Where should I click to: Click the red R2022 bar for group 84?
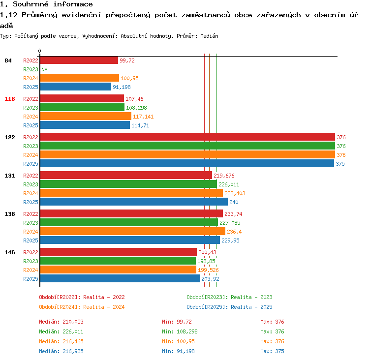click(79, 60)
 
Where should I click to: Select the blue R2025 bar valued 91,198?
click(76, 87)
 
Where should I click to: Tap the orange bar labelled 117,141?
click(86, 116)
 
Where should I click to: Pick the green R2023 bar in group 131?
click(128, 184)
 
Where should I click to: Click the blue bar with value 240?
click(134, 202)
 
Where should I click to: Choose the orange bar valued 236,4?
click(133, 231)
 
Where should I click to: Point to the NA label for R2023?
click(44, 69)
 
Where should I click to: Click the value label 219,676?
click(224, 176)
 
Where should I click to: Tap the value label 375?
click(340, 164)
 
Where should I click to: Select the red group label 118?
click(10, 99)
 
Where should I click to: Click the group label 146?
click(10, 252)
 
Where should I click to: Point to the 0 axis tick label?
click(39, 51)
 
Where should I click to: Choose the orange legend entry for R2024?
click(82, 307)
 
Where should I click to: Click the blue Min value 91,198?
click(185, 351)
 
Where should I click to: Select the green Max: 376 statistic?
click(272, 331)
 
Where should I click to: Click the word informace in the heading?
click(73, 4)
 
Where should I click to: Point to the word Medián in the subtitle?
click(209, 36)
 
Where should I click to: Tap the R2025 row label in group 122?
click(31, 164)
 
